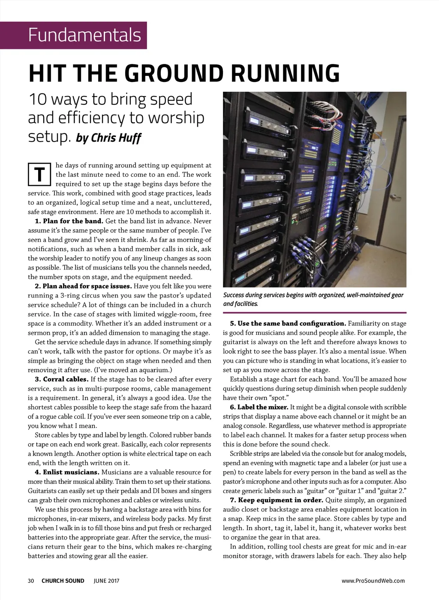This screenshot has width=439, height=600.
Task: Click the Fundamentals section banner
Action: pyautogui.click(x=84, y=35)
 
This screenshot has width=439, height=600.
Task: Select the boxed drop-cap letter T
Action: pyautogui.click(x=39, y=175)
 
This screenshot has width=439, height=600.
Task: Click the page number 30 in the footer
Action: pyautogui.click(x=31, y=581)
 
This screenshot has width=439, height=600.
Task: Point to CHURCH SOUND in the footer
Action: pyautogui.click(x=63, y=581)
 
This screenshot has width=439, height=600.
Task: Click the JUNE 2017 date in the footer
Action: pyautogui.click(x=106, y=581)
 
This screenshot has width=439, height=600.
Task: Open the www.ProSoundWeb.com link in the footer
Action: pyautogui.click(x=373, y=581)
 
